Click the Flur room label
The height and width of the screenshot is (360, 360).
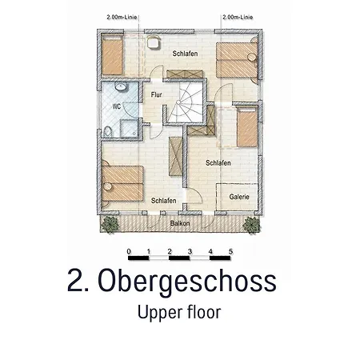coord(156,94)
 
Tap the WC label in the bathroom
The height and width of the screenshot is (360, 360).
coord(117,106)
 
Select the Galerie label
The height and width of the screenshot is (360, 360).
coord(239,197)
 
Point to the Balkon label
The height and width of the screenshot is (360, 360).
coord(180,223)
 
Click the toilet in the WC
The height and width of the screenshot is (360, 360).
coord(108,132)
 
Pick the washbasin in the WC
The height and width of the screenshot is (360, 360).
coord(121,86)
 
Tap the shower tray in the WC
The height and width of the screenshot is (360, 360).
coord(129,129)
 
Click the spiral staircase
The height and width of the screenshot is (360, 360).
coord(186,102)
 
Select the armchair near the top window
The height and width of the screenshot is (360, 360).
coord(154,42)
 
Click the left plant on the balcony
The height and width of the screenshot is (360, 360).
coord(110,224)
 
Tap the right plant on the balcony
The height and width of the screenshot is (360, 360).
coord(251,225)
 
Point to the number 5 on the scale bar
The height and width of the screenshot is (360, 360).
coord(230,251)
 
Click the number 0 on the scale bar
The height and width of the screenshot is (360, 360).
coord(129,251)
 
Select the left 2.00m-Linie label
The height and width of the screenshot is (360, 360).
coord(122,18)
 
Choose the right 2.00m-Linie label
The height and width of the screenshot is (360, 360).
coord(238,18)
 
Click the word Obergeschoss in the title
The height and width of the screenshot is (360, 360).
coord(187,282)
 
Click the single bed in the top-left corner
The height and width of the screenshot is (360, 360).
coord(112,54)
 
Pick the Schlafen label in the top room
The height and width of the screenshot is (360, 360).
coord(185,54)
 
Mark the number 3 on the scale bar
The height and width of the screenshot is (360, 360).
coord(190,251)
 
